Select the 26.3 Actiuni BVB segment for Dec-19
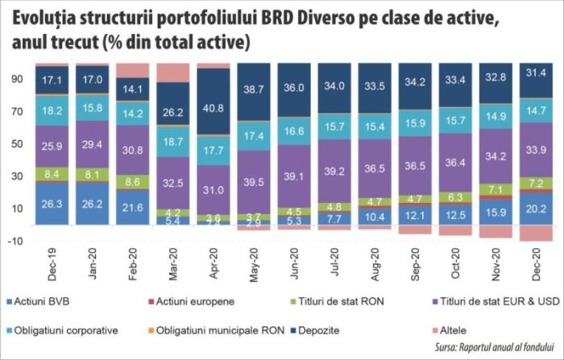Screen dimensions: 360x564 click(x=53, y=204)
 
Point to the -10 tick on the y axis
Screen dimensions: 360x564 click(x=16, y=241)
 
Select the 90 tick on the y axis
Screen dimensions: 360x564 click(x=18, y=79)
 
